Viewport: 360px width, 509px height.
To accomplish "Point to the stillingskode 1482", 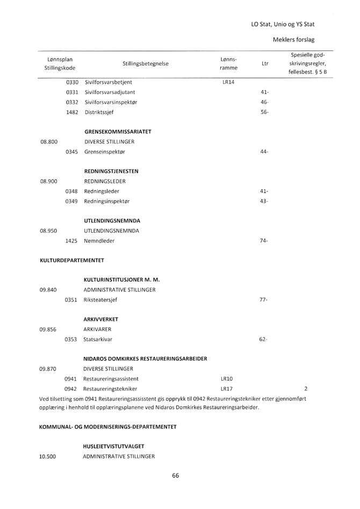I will (72, 113).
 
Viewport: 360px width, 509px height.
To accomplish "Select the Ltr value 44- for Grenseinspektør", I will (264, 152).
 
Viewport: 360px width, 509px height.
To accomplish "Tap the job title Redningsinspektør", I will (110, 202).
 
